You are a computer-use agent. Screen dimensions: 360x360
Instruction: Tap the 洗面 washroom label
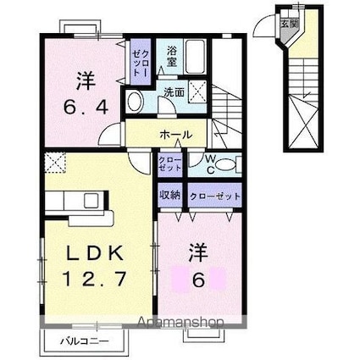pyautogui.click(x=174, y=91)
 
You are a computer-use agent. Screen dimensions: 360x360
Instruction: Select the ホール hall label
pyautogui.click(x=173, y=135)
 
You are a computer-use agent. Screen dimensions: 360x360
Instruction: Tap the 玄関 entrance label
pyautogui.click(x=288, y=23)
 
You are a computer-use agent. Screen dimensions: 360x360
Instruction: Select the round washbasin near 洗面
pyautogui.click(x=136, y=103)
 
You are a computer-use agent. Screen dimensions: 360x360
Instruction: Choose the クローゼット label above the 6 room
pyautogui.click(x=214, y=196)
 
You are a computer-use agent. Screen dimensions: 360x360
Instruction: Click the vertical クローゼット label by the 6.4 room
pyautogui.click(x=138, y=62)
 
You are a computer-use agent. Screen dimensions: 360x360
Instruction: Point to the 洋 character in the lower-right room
pyautogui.click(x=197, y=252)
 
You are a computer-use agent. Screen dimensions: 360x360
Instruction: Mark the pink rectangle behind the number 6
pyautogui.click(x=197, y=278)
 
